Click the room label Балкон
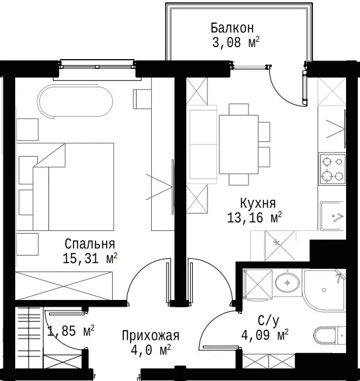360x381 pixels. click(232, 28)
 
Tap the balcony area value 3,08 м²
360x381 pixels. click(236, 42)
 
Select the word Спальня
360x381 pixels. click(90, 244)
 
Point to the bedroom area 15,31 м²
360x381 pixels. click(90, 258)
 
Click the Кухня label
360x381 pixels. click(258, 203)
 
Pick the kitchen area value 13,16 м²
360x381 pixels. click(255, 218)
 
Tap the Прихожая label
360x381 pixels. click(150, 336)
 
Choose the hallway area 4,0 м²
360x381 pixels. click(150, 350)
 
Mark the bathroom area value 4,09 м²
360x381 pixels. click(265, 335)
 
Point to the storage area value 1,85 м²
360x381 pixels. click(71, 331)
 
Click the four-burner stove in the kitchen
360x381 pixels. click(332, 169)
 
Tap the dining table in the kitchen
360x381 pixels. click(239, 144)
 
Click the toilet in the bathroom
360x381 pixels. click(330, 335)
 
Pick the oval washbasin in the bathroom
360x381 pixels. click(288, 283)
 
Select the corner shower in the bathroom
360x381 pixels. click(324, 289)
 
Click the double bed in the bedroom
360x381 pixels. click(74, 187)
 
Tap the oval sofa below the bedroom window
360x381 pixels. click(75, 102)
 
